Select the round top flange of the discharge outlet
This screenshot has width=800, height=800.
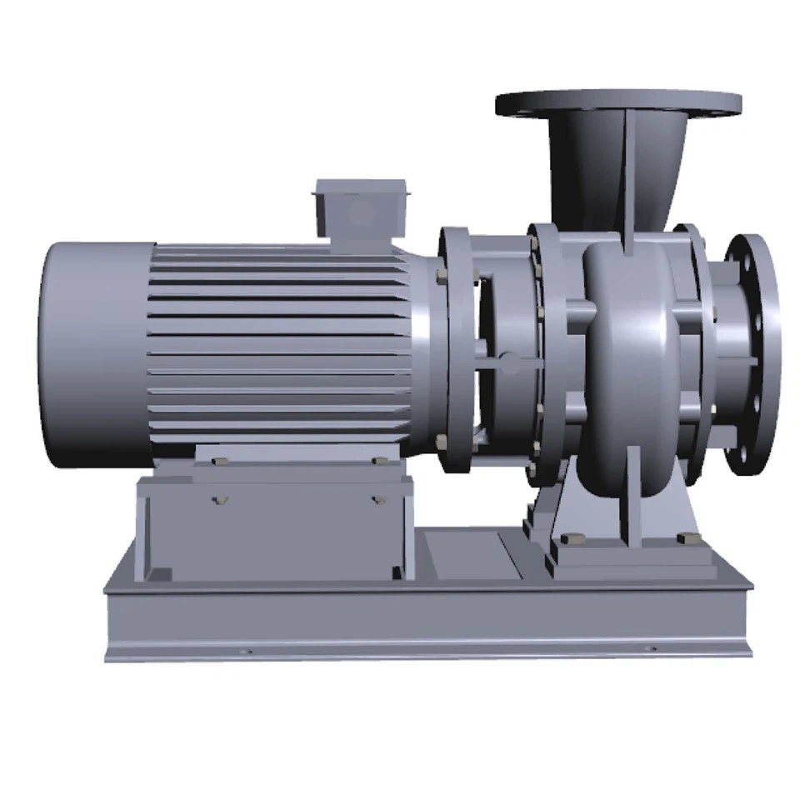(x=618, y=104)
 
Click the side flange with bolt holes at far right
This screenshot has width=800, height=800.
(x=752, y=354)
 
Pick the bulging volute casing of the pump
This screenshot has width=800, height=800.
(x=629, y=350)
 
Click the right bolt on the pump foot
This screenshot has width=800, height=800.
(x=687, y=538)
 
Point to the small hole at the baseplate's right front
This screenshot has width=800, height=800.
(x=652, y=648)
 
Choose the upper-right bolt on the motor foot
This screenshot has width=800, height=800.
(x=379, y=461)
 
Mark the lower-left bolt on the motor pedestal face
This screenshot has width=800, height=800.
(x=220, y=500)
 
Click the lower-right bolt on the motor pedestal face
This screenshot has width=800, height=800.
(x=379, y=500)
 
